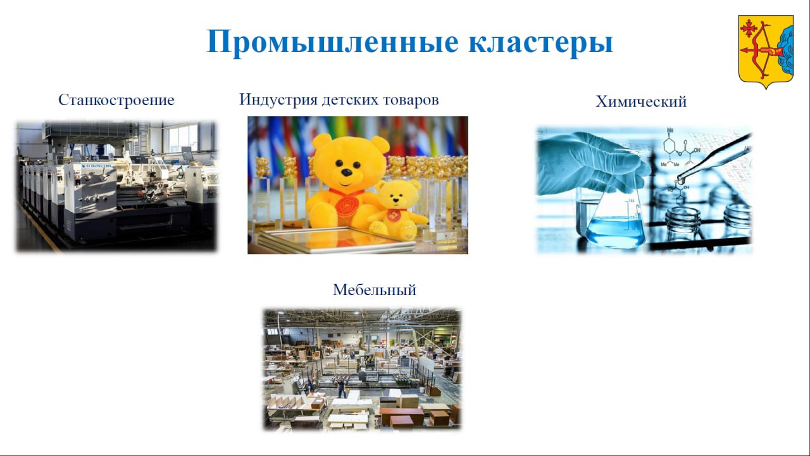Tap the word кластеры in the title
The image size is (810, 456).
coord(540,42)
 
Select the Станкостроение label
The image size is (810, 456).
coord(116,100)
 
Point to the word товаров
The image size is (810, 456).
coord(411,100)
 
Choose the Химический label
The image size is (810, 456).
coord(641,102)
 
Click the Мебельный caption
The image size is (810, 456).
coord(374,290)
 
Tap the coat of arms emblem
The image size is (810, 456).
coord(766,52)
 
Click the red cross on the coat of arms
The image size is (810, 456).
coord(749,28)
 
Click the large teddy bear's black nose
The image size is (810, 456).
coord(346,172)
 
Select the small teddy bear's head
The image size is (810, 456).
coord(398,194)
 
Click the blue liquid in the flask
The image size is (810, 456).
coord(616,232)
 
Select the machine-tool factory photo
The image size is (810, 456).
coord(116,186)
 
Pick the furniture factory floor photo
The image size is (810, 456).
coord(363,369)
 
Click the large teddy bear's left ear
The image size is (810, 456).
coord(321,141)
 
